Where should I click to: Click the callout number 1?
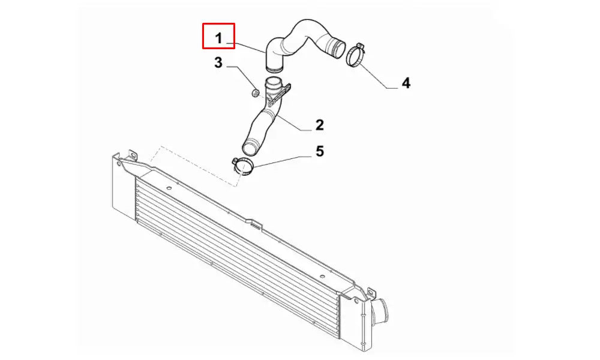click(218, 38)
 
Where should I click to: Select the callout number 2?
click(320, 125)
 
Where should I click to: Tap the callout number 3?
click(218, 63)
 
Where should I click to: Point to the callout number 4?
click(406, 83)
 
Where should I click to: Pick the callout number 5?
click(320, 151)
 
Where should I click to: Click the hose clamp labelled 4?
click(355, 55)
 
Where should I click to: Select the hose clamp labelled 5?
click(242, 166)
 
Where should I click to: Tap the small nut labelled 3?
click(255, 92)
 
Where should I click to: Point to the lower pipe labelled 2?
click(264, 119)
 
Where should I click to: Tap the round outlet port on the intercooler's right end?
click(379, 309)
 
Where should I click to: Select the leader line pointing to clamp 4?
click(379, 77)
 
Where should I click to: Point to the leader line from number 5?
click(280, 161)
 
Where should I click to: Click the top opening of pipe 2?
click(273, 82)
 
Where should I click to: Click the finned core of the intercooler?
click(237, 245)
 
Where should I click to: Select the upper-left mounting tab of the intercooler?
click(133, 155)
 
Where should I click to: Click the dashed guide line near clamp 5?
click(196, 165)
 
